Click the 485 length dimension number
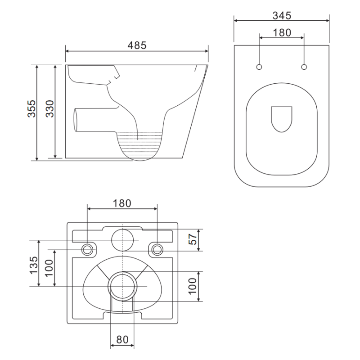(x=137, y=45)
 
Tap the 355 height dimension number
(x=31, y=108)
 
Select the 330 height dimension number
(x=49, y=108)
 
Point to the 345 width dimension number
(x=282, y=16)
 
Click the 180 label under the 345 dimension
(x=282, y=32)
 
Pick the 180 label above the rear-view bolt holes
(x=122, y=203)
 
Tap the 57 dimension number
(x=193, y=239)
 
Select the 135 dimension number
(x=33, y=265)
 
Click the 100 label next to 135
(x=49, y=268)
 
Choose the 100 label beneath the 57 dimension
(x=193, y=286)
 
